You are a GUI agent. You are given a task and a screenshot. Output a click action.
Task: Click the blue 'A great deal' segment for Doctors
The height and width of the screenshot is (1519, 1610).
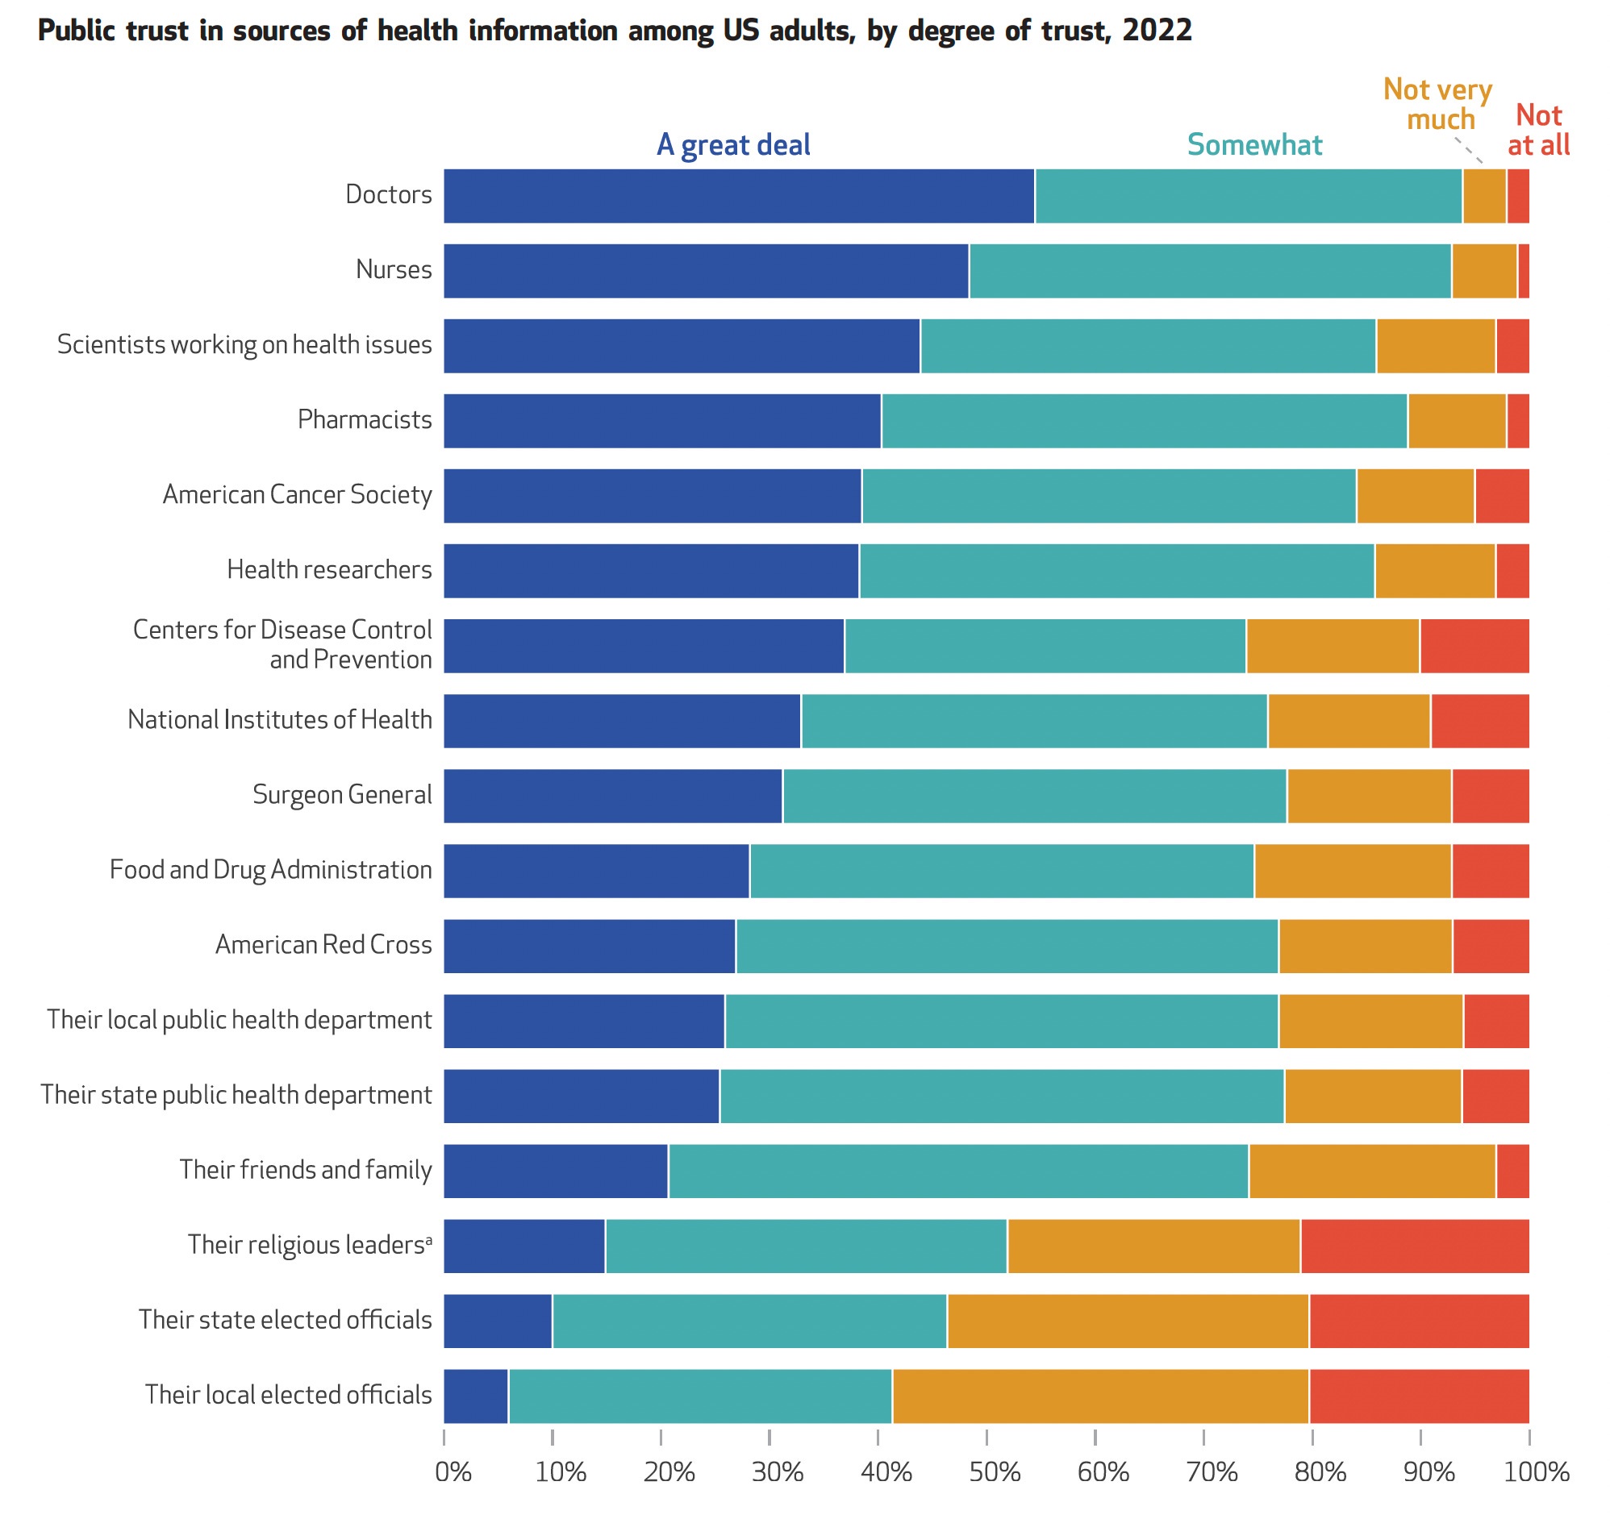(739, 196)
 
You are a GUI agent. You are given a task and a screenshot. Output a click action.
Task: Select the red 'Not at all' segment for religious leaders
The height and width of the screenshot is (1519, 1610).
(1415, 1246)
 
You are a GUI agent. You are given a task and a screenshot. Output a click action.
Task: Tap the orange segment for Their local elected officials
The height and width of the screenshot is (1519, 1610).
(1100, 1396)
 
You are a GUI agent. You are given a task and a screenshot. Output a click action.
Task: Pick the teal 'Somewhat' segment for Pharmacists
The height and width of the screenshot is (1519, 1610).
(1145, 421)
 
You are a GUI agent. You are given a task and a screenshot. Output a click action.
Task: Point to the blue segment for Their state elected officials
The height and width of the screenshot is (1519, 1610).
(498, 1321)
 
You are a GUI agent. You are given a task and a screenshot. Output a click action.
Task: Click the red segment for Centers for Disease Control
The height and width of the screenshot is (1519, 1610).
(1474, 646)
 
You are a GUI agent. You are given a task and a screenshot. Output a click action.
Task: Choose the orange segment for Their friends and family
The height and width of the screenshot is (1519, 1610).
(1373, 1171)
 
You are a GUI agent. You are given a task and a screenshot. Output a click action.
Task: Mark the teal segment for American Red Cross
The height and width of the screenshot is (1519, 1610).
(1007, 946)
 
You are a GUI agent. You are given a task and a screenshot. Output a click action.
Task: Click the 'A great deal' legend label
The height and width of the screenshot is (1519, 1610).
(733, 145)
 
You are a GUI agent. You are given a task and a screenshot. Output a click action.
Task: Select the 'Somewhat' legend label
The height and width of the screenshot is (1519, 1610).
(1254, 145)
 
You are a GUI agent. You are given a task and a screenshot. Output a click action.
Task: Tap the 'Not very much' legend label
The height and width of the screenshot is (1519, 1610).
(1438, 104)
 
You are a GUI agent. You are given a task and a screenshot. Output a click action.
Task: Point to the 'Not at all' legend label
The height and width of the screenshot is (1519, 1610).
(1539, 130)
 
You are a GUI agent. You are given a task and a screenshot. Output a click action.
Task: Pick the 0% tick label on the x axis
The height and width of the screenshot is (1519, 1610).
(453, 1472)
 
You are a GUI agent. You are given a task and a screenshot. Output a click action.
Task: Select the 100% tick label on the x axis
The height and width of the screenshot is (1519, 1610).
(1537, 1472)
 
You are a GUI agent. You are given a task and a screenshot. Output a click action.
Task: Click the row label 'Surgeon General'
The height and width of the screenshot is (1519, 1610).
(343, 794)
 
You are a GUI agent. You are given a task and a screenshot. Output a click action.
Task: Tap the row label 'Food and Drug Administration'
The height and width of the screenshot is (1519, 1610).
(271, 870)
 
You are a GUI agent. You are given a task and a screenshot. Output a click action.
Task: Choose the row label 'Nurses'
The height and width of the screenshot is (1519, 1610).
(394, 269)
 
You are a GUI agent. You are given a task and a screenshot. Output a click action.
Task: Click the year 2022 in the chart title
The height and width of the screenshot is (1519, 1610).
(1157, 31)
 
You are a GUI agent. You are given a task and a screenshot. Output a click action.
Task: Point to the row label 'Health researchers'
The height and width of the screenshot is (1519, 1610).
(330, 570)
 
